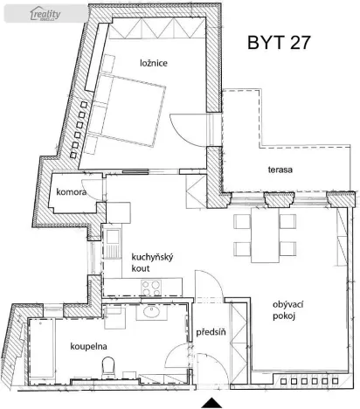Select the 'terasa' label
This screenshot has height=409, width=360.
pos(280,169)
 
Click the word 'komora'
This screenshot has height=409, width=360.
pos(72,191)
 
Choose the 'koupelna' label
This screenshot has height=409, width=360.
pos(88,345)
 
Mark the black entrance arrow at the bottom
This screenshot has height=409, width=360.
pos(211,402)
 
